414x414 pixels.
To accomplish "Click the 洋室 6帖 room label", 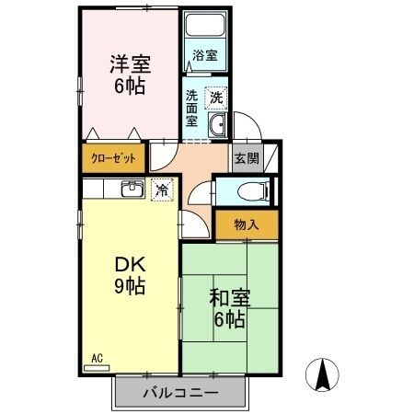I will [x=129, y=75].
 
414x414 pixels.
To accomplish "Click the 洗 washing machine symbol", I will [x=216, y=97].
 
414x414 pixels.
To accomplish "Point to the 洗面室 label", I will [x=191, y=107].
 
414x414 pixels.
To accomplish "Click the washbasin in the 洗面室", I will [x=218, y=127].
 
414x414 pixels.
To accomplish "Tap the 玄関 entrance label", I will [x=247, y=157].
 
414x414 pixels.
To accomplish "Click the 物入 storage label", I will [x=247, y=224].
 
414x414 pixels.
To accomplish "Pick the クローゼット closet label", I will [x=113, y=158].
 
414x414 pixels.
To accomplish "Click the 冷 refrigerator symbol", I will [x=161, y=190].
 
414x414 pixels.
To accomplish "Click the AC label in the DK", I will [x=96, y=358].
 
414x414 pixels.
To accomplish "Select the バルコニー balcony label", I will [x=180, y=393].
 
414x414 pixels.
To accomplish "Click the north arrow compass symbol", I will [x=324, y=375].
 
